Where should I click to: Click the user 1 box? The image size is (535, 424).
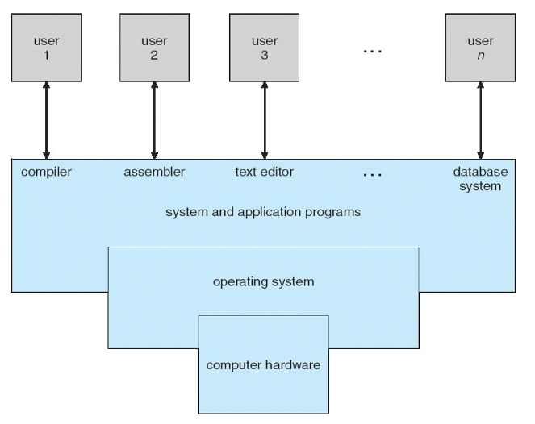(46, 48)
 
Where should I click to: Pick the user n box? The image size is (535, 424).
(481, 48)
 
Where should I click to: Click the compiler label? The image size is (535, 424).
(46, 172)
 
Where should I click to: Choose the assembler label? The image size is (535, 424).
(154, 172)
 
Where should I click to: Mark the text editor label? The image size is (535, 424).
(264, 172)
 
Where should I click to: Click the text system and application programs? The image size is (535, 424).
(262, 213)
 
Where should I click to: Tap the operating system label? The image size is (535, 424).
(263, 282)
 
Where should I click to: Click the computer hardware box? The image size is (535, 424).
(263, 364)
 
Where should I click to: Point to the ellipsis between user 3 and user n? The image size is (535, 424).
(372, 51)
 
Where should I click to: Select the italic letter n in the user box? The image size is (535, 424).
(481, 56)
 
